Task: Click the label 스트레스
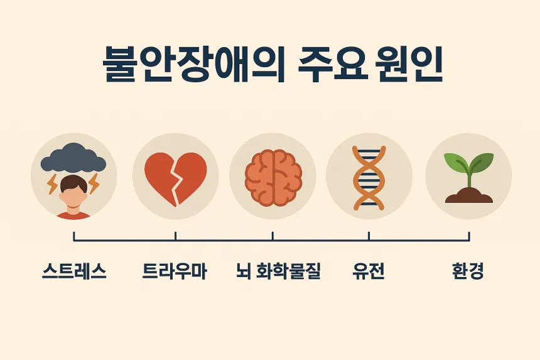click(74, 272)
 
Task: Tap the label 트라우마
click(175, 272)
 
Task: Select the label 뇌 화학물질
click(278, 272)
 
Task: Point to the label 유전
click(369, 272)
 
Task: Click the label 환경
click(468, 272)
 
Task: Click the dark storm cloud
click(73, 158)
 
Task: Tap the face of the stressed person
click(73, 191)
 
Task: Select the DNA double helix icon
click(369, 177)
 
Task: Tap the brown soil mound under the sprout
click(468, 195)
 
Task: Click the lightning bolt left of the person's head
click(53, 184)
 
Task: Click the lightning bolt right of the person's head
click(94, 184)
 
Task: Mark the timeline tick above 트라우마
click(175, 236)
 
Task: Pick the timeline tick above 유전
click(369, 236)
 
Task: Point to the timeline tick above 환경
click(468, 236)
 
